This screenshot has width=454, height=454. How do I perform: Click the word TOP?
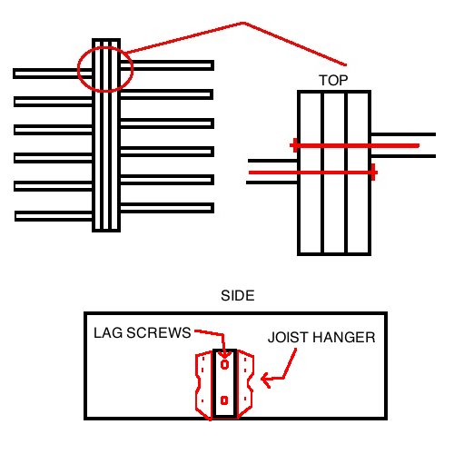pyautogui.click(x=333, y=80)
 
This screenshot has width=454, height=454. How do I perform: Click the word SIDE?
pyautogui.click(x=238, y=296)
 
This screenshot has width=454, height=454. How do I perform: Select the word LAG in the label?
pyautogui.click(x=108, y=332)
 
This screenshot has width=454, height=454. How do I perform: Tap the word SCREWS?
pyautogui.click(x=159, y=332)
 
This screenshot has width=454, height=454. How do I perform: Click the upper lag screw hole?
pyautogui.click(x=224, y=364)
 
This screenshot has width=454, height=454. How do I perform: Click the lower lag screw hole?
pyautogui.click(x=224, y=400)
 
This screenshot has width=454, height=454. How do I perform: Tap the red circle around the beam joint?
pyautogui.click(x=78, y=69)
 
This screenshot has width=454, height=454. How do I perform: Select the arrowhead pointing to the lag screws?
pyautogui.click(x=223, y=353)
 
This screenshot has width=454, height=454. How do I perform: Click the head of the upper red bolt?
pyautogui.click(x=294, y=145)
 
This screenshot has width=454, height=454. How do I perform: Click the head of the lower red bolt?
pyautogui.click(x=374, y=173)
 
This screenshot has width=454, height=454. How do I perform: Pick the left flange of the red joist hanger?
pyautogui.click(x=203, y=384)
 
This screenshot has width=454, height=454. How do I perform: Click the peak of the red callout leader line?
pyautogui.click(x=243, y=23)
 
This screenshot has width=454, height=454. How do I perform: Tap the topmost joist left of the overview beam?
pyautogui.click(x=53, y=74)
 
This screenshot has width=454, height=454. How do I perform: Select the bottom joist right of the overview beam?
pyautogui.click(x=167, y=208)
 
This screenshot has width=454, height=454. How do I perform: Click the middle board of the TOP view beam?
pyautogui.click(x=334, y=173)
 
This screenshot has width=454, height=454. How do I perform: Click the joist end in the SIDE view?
pyautogui.click(x=224, y=384)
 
